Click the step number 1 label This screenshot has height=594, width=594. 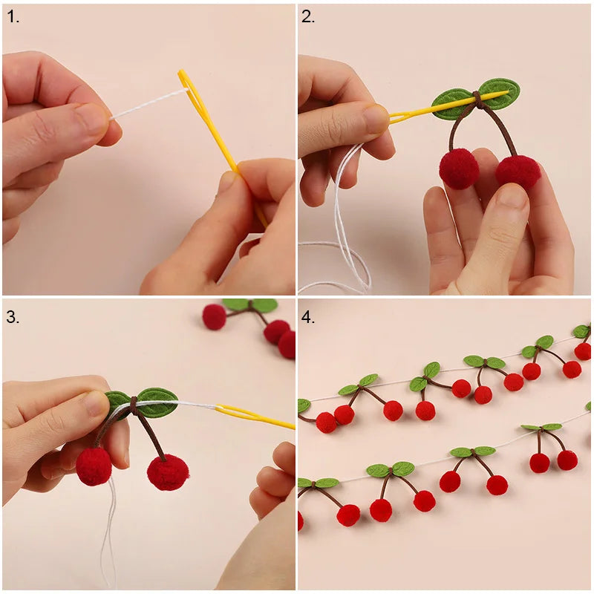tap(13, 17)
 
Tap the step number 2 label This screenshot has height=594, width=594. tap(308, 17)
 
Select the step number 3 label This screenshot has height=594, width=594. tap(13, 317)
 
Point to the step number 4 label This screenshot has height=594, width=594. tap(308, 317)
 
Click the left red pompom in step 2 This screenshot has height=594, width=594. tap(458, 169)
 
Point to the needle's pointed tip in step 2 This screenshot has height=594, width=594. tap(508, 91)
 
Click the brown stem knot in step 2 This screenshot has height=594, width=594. tap(477, 99)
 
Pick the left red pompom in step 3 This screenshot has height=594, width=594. tap(94, 466)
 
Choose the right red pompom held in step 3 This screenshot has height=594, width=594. tap(168, 472)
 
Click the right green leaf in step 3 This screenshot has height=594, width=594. tap(158, 402)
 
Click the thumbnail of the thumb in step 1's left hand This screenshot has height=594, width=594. tap(93, 120)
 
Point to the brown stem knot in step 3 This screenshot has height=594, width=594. tap(134, 404)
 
